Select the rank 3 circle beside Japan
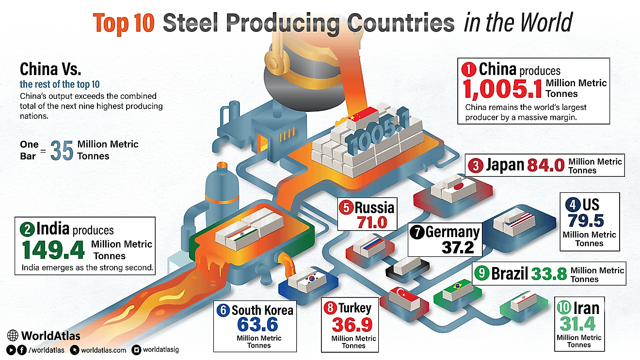point(476,166)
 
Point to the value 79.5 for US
point(586,220)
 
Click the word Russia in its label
point(374,208)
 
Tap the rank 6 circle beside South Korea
point(223,310)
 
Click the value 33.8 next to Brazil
point(548,274)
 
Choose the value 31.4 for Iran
point(578,324)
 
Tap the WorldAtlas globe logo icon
point(14,335)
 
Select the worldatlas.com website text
point(103,350)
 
